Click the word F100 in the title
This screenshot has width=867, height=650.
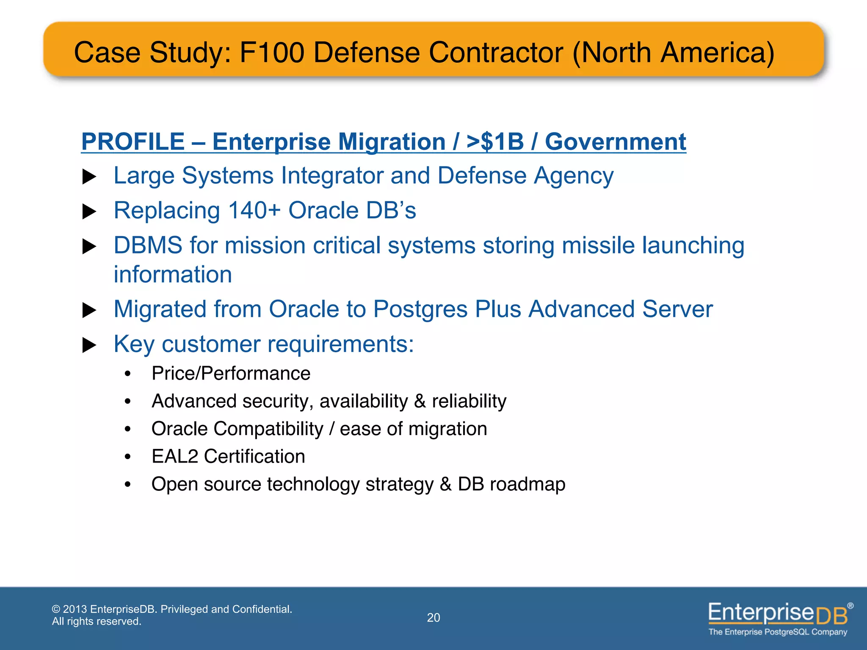272,53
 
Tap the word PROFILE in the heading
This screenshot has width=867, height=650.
133,141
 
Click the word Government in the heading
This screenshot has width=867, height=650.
615,141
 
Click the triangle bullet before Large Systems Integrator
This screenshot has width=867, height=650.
89,177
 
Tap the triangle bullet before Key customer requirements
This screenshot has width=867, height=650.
89,345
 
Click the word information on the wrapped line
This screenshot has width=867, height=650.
173,275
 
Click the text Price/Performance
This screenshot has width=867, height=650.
231,373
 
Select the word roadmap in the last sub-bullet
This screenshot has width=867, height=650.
527,484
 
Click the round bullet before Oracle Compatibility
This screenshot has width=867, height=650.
128,430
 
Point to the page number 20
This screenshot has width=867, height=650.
433,618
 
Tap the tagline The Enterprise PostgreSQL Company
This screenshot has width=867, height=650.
778,632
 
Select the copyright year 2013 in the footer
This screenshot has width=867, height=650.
75,609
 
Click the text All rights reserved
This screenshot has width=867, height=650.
97,622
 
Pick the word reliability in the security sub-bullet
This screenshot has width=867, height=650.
469,401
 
